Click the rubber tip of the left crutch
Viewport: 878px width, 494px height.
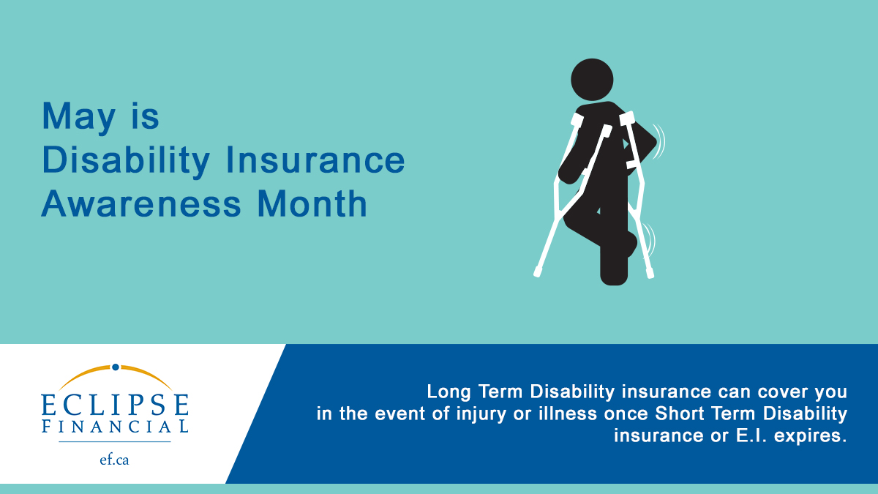click(538, 272)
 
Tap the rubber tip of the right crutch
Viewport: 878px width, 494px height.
click(650, 274)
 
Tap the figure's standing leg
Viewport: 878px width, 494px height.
click(613, 256)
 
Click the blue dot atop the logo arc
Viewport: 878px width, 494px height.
click(115, 367)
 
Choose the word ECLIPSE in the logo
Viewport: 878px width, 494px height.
click(115, 404)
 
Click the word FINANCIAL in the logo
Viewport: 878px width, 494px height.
click(115, 426)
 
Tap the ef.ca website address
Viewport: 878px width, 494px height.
click(115, 460)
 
